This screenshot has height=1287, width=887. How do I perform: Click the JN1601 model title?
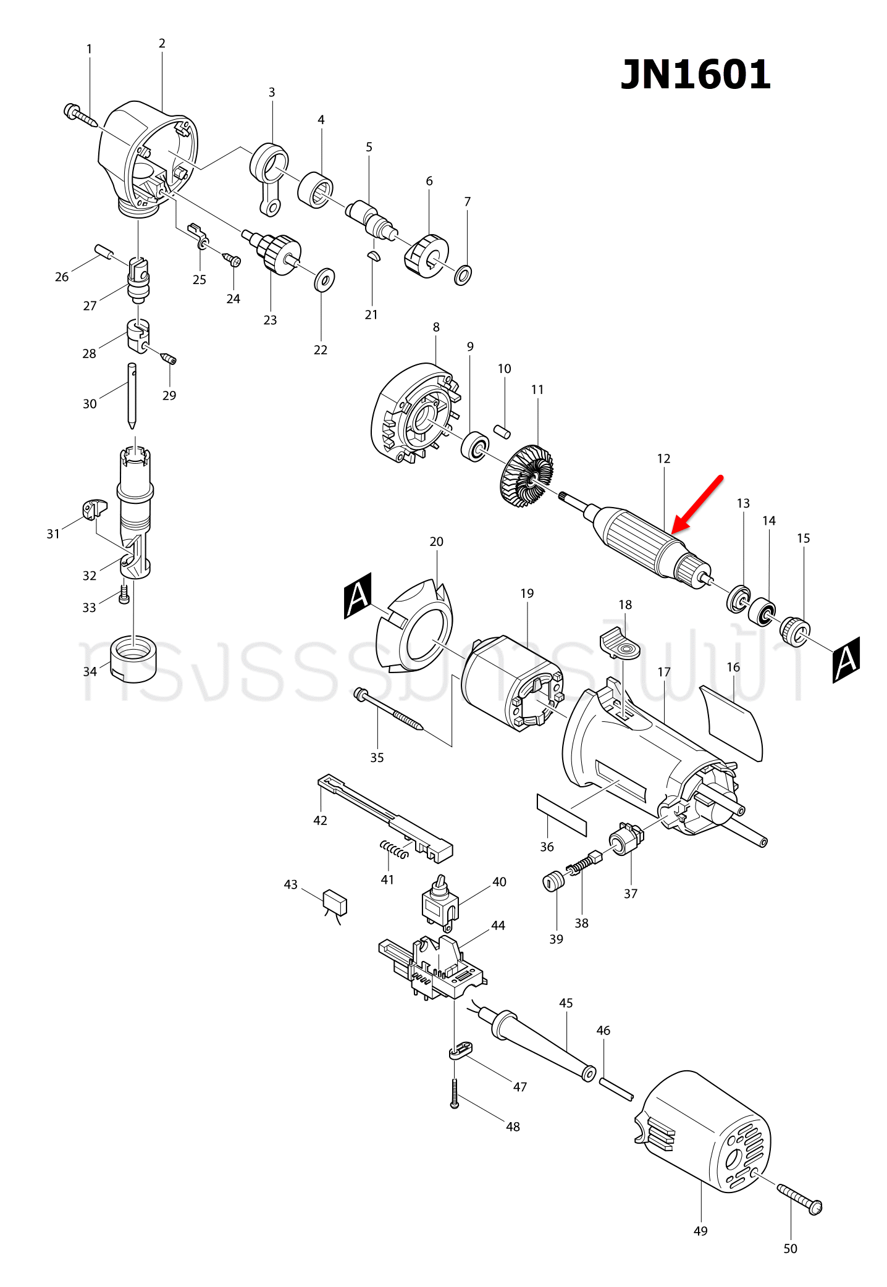[696, 75]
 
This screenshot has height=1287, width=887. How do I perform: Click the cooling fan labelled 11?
[526, 476]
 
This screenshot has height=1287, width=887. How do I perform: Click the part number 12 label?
[663, 459]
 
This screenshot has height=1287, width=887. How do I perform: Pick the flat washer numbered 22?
[324, 280]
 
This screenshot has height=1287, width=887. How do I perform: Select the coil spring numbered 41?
[394, 849]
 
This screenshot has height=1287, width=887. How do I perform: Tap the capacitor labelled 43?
[335, 902]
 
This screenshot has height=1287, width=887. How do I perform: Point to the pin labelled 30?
[132, 395]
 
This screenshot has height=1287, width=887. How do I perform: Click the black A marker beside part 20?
[358, 595]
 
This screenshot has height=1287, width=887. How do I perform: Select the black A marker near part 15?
[846, 660]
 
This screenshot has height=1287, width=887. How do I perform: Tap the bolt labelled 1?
[80, 115]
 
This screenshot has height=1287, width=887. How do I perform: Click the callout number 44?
[498, 925]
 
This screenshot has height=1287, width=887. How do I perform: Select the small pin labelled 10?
[502, 430]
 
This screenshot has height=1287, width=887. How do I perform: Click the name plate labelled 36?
[561, 815]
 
